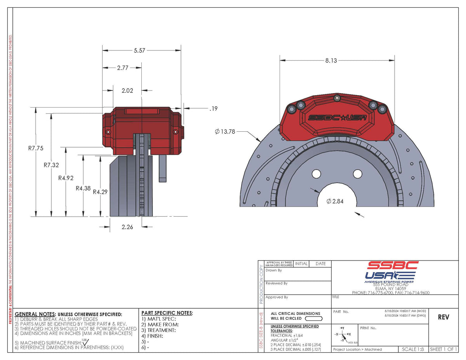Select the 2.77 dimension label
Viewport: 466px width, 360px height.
pyautogui.click(x=122, y=68)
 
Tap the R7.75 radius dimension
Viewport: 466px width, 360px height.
pyautogui.click(x=36, y=148)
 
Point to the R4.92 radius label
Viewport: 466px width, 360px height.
pyautogui.click(x=66, y=178)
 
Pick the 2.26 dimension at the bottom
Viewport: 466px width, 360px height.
pyautogui.click(x=127, y=227)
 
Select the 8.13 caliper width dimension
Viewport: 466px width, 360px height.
pyautogui.click(x=331, y=61)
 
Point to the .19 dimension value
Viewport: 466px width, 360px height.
pyautogui.click(x=213, y=109)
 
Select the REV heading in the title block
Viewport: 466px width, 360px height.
pyautogui.click(x=443, y=317)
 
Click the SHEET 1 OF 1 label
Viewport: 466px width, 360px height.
pyautogui.click(x=443, y=350)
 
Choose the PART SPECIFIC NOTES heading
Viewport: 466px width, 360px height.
pyautogui.click(x=167, y=313)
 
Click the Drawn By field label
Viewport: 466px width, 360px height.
pyautogui.click(x=274, y=270)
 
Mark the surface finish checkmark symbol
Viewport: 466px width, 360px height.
pyautogui.click(x=86, y=342)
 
